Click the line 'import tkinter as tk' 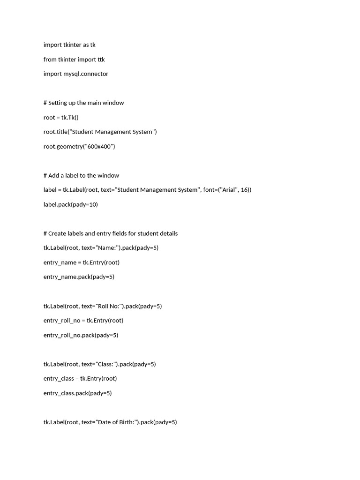(x=69, y=45)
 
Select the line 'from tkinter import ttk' (x=74, y=60)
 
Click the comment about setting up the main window (x=83, y=103)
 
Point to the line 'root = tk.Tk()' (x=61, y=117)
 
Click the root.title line (x=100, y=132)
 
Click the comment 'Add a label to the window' (x=81, y=175)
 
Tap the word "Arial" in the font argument (x=228, y=190)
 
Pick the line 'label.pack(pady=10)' (x=70, y=204)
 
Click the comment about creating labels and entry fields (x=110, y=233)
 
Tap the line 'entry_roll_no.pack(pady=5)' (x=81, y=335)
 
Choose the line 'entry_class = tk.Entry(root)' (x=80, y=379)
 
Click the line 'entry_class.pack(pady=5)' (x=77, y=393)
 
